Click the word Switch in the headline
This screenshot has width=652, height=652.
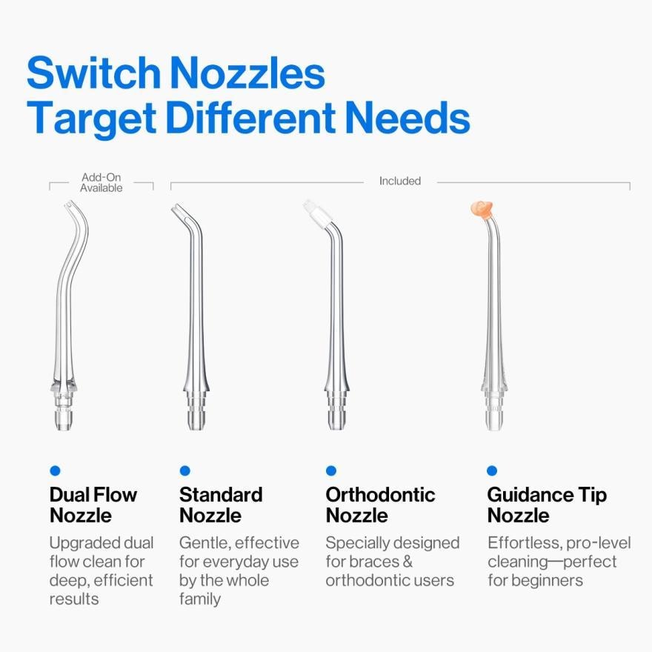[93, 73]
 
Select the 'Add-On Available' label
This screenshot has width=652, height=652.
[101, 182]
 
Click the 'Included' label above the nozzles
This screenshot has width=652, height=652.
[400, 181]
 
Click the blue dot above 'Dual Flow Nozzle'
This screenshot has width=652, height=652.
[55, 470]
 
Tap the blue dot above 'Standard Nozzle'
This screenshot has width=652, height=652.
[185, 470]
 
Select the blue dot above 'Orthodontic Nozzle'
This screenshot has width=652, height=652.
[331, 470]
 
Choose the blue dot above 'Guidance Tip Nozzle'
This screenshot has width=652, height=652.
[492, 470]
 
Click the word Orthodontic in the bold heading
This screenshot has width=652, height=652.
[381, 495]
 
